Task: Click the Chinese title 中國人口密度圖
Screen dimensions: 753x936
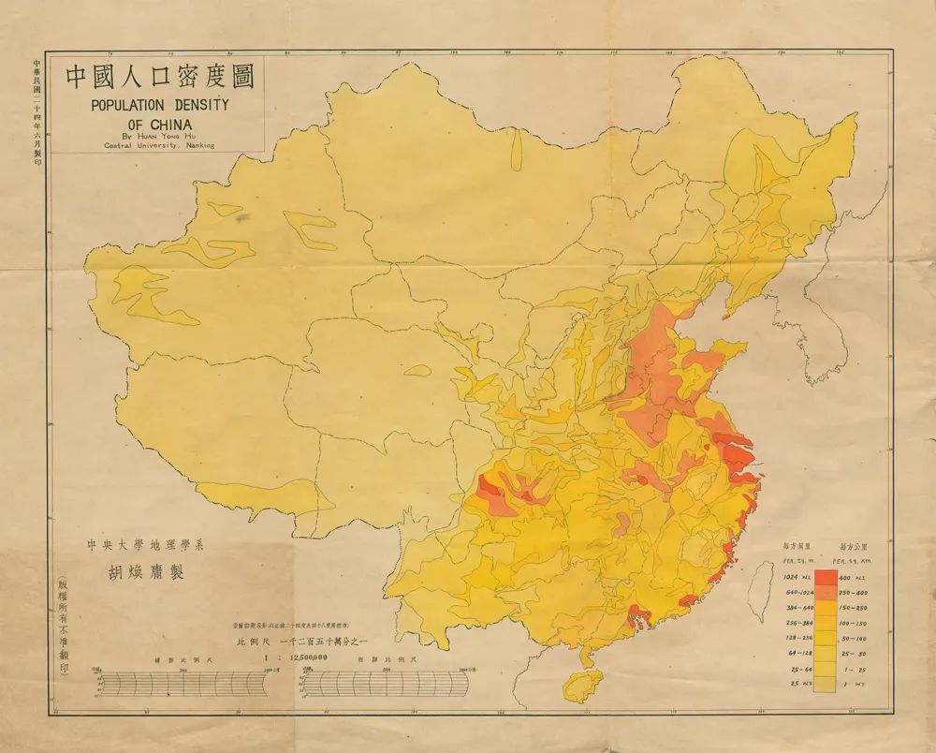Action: coord(159,77)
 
